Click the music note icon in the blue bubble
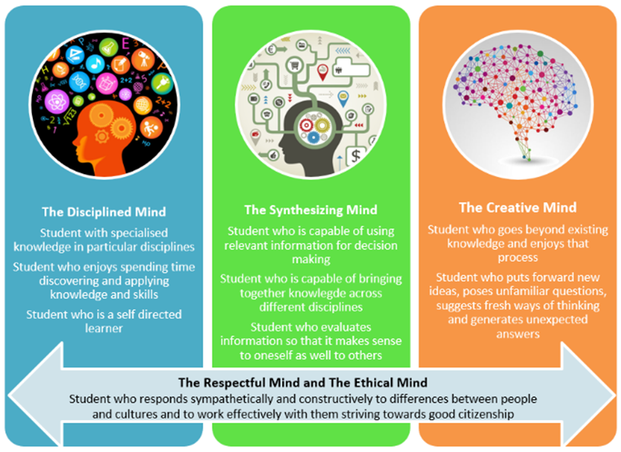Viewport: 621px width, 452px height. [94, 63]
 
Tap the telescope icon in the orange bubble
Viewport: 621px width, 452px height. [143, 60]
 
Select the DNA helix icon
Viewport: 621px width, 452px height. [80, 82]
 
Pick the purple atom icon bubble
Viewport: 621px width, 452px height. [57, 101]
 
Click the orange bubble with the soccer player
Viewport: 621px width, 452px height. [151, 127]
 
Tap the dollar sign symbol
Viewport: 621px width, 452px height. [356, 156]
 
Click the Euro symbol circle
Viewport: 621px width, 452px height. [271, 50]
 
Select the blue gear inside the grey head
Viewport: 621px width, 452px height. [313, 136]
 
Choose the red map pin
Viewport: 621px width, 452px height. [323, 72]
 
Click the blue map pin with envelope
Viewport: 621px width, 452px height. [343, 99]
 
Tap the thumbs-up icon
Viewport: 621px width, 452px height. [273, 155]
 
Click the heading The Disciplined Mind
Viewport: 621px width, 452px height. [104, 212]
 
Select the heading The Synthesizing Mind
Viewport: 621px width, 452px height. [311, 210]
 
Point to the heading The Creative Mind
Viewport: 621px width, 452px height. [518, 208]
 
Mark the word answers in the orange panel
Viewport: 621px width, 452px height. [518, 334]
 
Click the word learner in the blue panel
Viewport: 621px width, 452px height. [104, 328]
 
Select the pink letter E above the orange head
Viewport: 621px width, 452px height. [125, 43]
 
